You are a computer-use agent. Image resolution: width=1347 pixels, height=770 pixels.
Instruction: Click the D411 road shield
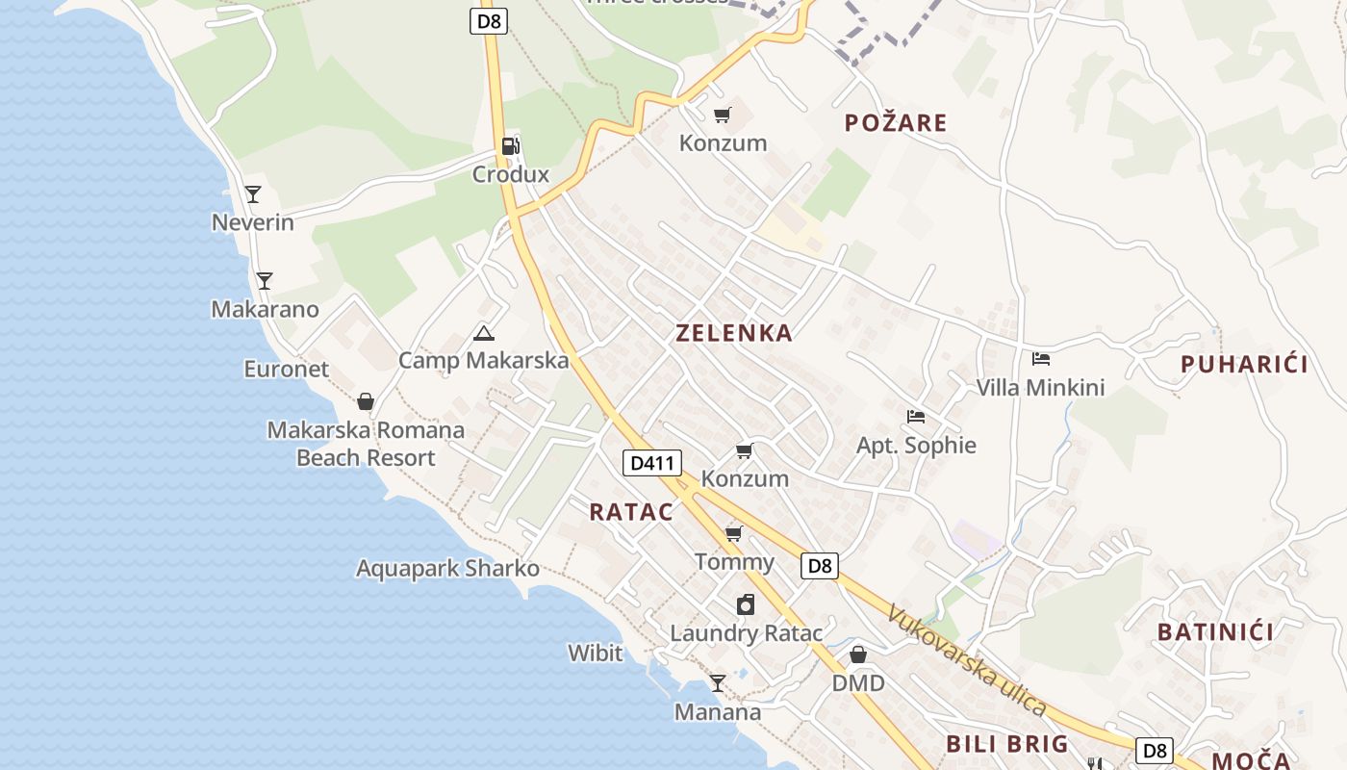click(x=652, y=463)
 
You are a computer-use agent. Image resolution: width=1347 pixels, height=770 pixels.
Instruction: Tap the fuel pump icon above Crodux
click(x=510, y=146)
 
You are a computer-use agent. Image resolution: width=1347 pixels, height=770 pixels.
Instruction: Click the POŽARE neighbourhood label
click(x=896, y=123)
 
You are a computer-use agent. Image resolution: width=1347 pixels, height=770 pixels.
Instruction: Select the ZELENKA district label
click(x=734, y=334)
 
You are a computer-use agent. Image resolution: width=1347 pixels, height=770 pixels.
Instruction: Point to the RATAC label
click(x=631, y=512)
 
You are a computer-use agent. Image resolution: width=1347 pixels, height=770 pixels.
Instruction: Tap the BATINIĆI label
click(x=1215, y=632)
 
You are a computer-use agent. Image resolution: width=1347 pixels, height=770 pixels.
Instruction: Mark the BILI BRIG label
click(x=1007, y=744)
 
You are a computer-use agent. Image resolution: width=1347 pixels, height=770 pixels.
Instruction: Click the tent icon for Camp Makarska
click(x=483, y=334)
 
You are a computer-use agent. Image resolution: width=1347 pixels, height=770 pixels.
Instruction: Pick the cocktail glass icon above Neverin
click(x=253, y=194)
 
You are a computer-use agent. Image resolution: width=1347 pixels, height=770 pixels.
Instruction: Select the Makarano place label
click(x=265, y=310)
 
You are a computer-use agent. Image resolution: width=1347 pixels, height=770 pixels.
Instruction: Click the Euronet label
click(x=286, y=370)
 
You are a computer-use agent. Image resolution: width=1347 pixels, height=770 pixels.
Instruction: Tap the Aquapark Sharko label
click(x=447, y=569)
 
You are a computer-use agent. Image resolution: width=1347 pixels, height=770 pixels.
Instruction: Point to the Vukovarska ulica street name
click(x=966, y=659)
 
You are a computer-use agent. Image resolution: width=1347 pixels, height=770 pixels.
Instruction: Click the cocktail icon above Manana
click(x=717, y=683)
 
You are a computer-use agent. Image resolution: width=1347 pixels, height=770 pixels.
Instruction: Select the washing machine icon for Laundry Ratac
click(x=745, y=604)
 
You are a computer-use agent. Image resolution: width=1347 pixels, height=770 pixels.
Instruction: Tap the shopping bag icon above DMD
click(x=858, y=654)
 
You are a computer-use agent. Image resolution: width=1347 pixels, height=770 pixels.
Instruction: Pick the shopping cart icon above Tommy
click(x=733, y=533)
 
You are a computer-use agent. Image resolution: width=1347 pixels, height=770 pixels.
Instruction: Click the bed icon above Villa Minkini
click(x=1040, y=359)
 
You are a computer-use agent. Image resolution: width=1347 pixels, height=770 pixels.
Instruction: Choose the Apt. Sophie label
click(x=916, y=446)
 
